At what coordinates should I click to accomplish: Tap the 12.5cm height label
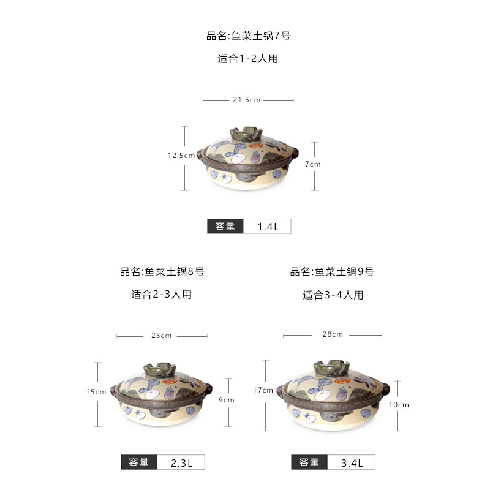pos(181,156)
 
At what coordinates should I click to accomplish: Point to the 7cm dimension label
pos(314,164)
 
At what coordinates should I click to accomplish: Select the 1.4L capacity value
pos(268,227)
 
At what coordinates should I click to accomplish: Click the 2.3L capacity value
pos(181,463)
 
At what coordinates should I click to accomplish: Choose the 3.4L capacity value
pos(352,463)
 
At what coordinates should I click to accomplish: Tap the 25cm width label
pos(161,336)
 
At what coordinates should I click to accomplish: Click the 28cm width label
pos(333,334)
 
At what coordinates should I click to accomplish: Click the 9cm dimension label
pos(227,400)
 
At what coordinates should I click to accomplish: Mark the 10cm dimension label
pos(399,405)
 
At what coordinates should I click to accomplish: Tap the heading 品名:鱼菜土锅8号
pos(162,272)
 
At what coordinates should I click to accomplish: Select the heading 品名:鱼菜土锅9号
pos(332,272)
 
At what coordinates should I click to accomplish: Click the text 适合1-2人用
pos(247,59)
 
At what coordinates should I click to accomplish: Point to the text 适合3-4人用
pos(333,295)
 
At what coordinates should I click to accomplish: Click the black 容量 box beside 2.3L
pos(139,463)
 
